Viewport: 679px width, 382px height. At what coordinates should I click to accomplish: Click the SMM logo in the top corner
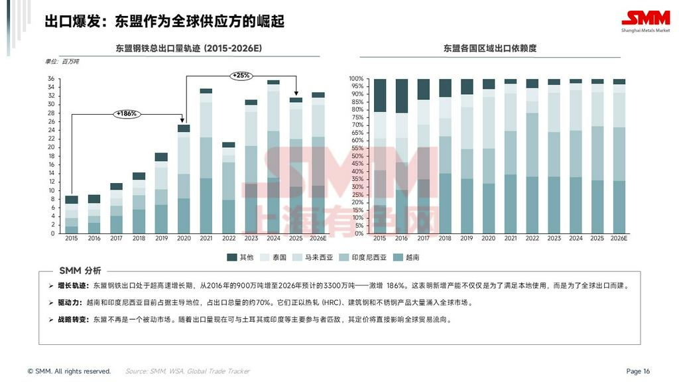645,21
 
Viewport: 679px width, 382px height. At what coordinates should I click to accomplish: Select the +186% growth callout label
126,113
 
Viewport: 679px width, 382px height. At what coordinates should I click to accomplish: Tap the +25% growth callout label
241,76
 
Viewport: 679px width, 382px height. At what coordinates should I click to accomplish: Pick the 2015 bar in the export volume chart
71,214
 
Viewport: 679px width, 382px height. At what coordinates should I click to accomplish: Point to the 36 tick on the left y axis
51,79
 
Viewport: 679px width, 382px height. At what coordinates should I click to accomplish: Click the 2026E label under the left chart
318,239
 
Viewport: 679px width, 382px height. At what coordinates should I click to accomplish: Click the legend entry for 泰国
274,257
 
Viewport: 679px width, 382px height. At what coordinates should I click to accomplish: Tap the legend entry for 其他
241,257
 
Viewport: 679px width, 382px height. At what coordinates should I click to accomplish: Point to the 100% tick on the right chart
357,79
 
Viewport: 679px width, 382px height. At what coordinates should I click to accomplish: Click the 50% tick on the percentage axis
358,156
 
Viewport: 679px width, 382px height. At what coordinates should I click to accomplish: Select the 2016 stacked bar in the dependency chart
402,156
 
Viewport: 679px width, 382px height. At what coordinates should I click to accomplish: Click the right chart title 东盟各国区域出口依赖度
490,48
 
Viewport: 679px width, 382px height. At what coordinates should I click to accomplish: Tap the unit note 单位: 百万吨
62,62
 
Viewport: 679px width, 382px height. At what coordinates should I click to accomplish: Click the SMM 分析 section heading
80,271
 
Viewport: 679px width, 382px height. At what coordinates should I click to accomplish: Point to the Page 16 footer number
638,371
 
